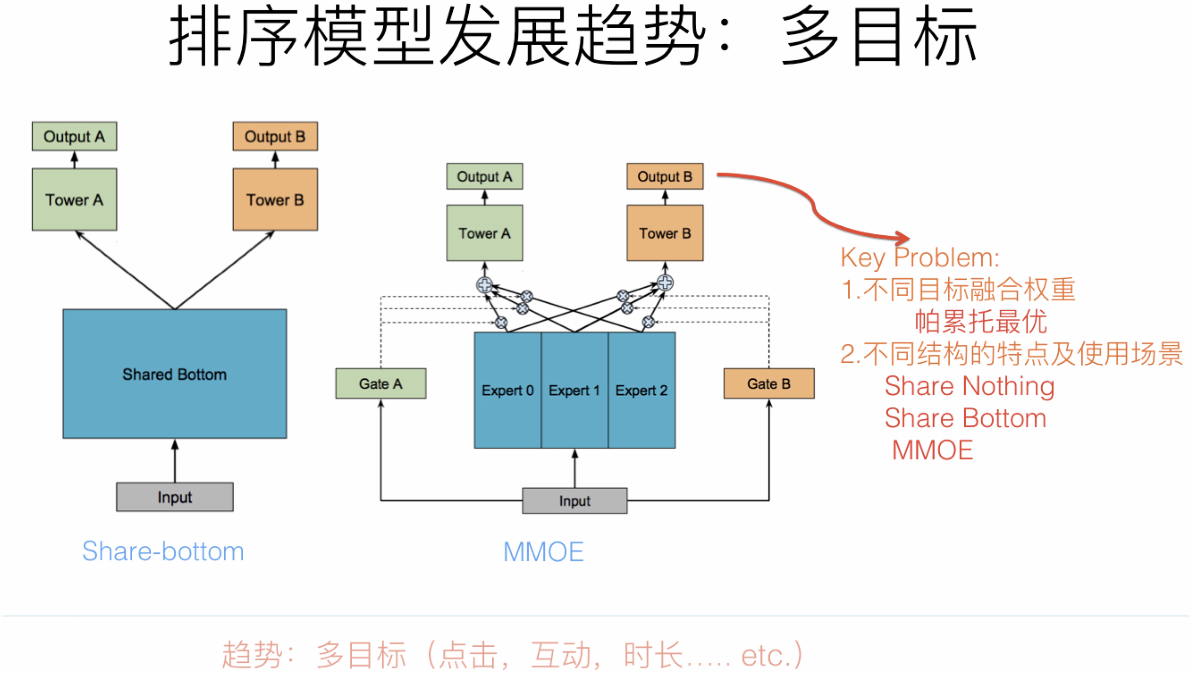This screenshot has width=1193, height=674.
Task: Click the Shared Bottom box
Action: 175,374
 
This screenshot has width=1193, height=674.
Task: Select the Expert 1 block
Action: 574,390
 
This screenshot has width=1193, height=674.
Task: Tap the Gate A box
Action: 380,383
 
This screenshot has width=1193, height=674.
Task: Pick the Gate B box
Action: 769,383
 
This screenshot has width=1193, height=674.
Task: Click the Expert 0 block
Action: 507,390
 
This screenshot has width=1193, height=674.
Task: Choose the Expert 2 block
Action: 642,390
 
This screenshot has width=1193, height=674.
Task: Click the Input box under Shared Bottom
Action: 175,497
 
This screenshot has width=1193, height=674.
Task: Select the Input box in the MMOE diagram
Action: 574,500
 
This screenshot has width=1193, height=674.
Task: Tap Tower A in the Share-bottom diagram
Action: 74,199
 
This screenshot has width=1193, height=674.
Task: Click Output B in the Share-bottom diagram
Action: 275,136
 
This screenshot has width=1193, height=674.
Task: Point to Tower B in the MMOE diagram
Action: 665,233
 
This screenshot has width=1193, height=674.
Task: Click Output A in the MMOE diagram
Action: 484,176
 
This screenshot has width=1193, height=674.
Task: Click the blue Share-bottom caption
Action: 163,551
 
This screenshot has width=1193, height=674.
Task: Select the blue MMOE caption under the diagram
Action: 543,551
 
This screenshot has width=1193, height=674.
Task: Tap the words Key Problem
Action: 919,257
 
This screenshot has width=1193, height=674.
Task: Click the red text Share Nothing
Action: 969,386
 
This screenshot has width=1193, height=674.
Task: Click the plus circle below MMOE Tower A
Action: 484,284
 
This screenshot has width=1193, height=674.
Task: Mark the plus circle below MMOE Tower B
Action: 665,283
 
